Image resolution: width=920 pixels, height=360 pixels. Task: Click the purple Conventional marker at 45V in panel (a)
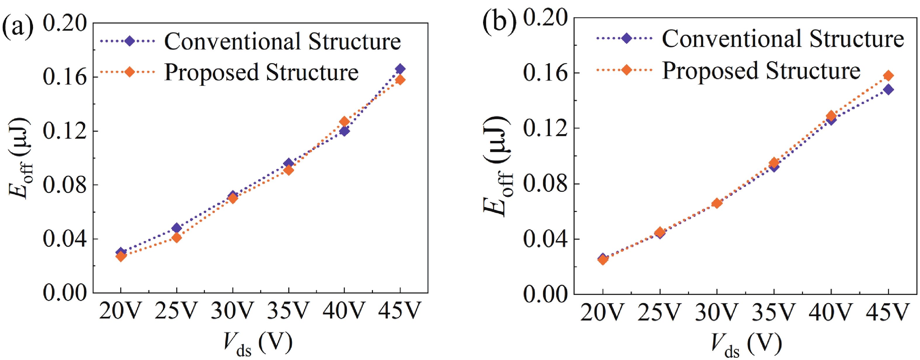400,69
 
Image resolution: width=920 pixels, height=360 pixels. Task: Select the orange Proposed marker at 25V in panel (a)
176,238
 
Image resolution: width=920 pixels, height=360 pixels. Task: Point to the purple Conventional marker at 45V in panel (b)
888,89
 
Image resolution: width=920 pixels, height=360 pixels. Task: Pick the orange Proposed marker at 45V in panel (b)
888,76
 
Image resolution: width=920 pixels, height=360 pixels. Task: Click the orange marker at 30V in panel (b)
717,203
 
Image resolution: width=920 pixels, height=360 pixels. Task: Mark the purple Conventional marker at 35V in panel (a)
289,164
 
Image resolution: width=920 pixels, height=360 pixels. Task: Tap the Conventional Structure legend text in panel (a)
282,41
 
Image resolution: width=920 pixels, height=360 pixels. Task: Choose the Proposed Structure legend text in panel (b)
761,70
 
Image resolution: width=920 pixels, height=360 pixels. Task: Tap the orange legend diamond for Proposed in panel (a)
130,72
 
